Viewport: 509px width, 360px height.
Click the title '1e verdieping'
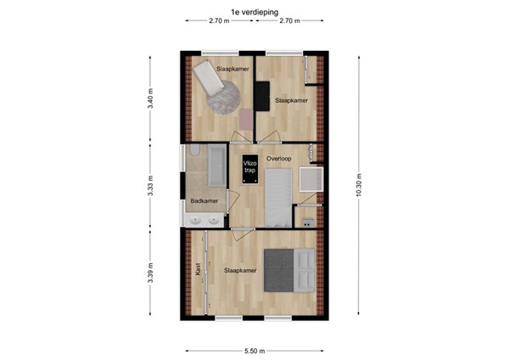254,12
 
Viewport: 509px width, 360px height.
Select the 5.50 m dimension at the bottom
254,350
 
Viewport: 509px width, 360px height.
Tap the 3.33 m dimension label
150,187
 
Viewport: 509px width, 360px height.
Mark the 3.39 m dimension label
150,273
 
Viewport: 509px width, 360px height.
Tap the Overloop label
278,159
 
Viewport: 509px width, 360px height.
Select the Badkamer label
204,201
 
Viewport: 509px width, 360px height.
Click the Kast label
198,270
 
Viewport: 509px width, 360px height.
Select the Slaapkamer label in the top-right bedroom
289,100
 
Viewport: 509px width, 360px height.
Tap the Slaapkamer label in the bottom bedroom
240,271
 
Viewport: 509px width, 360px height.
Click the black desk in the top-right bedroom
264,95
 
